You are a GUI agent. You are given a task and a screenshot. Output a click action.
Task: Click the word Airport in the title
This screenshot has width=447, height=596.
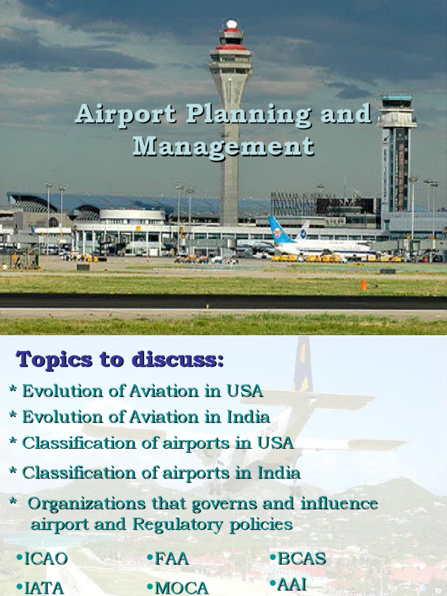tap(125, 114)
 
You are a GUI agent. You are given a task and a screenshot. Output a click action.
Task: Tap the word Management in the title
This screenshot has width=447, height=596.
tap(223, 146)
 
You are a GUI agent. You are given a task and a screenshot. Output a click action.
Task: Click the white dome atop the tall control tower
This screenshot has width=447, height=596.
tap(232, 24)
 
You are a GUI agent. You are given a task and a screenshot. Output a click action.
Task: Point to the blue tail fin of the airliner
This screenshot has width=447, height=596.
tap(280, 230)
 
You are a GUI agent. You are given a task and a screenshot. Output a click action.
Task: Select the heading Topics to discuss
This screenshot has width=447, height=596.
tap(119, 359)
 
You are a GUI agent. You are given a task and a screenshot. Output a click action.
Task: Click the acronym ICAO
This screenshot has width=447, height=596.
tap(46, 559)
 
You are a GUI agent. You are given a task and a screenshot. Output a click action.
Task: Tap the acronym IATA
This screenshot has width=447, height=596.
tap(44, 587)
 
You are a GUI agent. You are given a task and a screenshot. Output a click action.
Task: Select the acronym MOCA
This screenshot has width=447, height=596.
tap(182, 588)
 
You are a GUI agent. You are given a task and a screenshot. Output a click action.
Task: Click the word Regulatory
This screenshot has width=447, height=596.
tap(169, 524)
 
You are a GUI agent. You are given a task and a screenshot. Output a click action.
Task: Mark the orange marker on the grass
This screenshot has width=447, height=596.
tap(363, 285)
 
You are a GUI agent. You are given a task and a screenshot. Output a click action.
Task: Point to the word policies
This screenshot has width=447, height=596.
tap(260, 524)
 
